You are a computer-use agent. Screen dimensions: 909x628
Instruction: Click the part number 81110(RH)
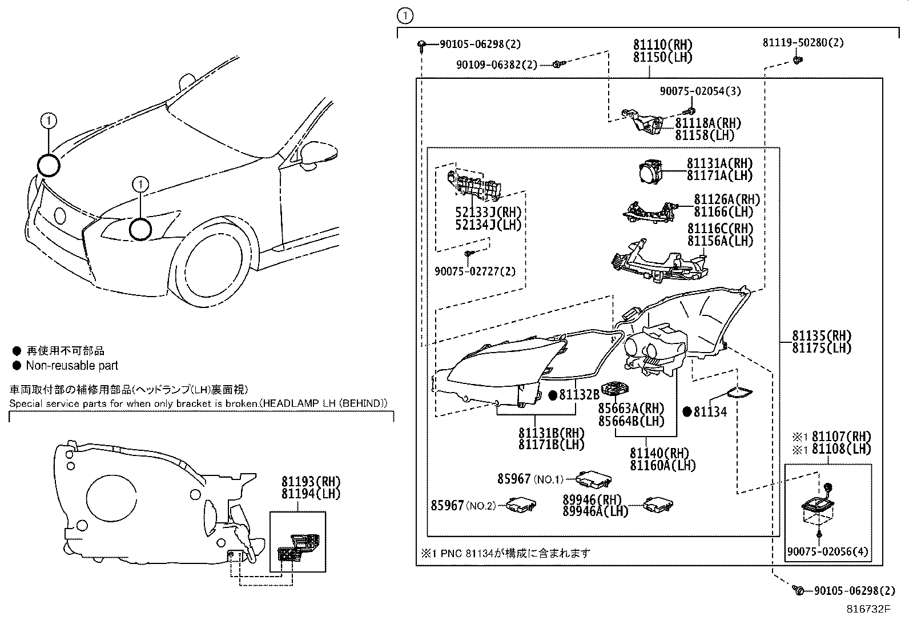(663, 45)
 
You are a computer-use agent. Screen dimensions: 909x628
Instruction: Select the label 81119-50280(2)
(803, 43)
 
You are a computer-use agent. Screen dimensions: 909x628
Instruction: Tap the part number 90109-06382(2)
(497, 65)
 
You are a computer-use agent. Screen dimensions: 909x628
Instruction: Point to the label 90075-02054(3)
(701, 91)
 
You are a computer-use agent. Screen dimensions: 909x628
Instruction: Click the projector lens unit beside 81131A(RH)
(650, 172)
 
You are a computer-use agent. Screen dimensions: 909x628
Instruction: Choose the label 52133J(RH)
(488, 212)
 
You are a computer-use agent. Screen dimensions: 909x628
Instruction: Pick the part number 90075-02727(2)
(475, 271)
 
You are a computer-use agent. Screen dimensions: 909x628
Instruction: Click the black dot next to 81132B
(553, 395)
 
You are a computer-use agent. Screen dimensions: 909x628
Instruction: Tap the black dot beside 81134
(687, 412)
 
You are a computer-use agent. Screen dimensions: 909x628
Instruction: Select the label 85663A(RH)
(632, 408)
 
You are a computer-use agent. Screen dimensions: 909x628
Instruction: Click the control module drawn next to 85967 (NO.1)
(594, 479)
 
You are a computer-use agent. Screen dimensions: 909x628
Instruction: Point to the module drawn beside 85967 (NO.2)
(521, 505)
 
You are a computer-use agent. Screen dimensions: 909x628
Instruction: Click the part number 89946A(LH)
(596, 511)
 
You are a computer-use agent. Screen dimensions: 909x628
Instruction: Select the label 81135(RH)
(822, 335)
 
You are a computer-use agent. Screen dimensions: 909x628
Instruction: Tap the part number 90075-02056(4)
(828, 551)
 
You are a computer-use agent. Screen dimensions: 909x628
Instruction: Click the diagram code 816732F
(868, 609)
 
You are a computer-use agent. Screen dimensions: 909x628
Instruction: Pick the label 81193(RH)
(311, 482)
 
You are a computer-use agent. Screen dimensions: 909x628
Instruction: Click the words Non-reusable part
(73, 366)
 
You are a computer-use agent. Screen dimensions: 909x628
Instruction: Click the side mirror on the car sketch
(318, 154)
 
